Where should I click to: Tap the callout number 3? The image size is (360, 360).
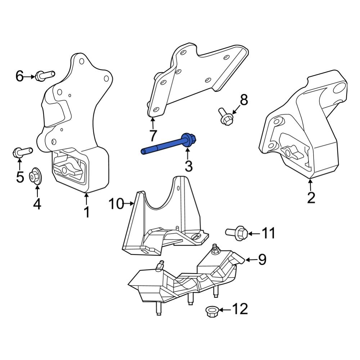(188, 166)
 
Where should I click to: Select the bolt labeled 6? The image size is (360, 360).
(45, 75)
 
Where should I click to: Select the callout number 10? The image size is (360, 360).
(116, 204)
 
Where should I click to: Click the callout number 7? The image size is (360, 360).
(153, 136)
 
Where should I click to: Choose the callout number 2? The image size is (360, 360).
(311, 197)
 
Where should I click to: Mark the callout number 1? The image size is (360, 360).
(86, 212)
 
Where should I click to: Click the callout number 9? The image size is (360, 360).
(262, 259)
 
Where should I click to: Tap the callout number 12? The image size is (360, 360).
(240, 309)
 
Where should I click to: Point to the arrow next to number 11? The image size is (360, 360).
(253, 234)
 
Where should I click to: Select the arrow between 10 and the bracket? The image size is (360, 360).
(129, 204)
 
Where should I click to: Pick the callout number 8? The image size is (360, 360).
(244, 100)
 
